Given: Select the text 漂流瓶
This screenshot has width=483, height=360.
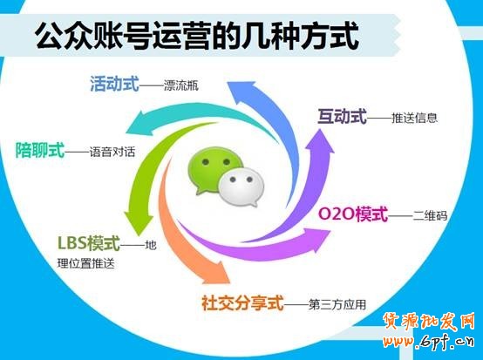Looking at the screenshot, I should tap(180, 86).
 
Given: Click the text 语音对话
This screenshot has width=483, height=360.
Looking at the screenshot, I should tap(111, 151).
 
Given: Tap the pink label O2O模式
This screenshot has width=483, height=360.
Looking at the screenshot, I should tap(352, 214).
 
